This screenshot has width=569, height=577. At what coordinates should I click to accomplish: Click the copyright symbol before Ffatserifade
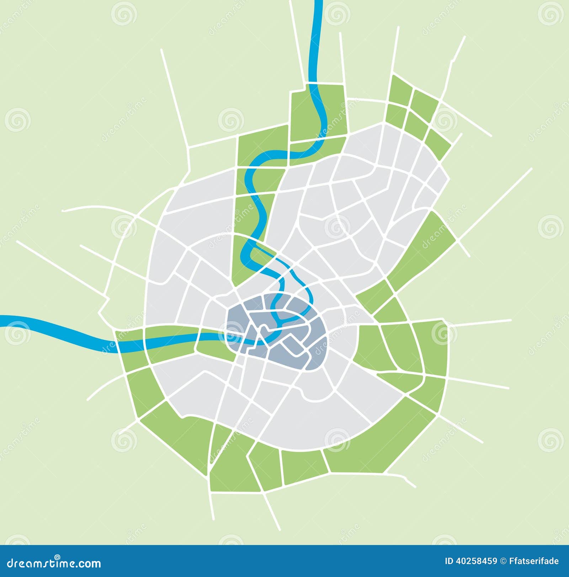pos(503,561)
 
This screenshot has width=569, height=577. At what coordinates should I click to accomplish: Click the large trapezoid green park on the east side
pos(423,249)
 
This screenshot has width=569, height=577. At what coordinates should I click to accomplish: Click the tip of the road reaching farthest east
pos(531,169)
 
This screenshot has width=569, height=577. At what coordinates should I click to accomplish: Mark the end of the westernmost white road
pos(17,242)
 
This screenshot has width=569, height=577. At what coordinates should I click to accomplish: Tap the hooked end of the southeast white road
pos(415,486)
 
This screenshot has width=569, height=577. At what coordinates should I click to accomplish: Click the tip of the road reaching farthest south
pos(280,530)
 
